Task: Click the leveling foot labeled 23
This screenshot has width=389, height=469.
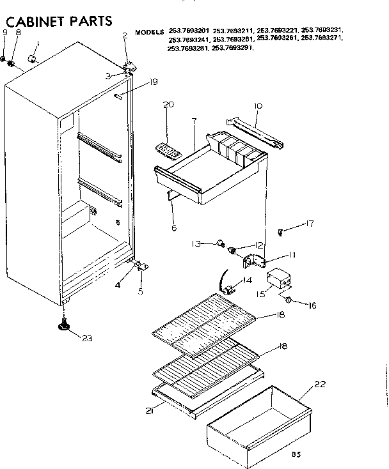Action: [65, 327]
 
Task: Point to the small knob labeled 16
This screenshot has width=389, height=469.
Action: [289, 300]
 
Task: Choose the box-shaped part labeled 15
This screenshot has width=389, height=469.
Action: [278, 280]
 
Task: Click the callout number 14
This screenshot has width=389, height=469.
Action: [246, 281]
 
